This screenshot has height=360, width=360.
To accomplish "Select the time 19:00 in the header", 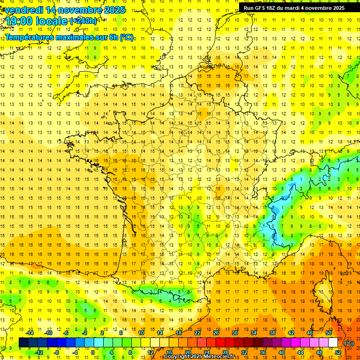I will point(19,21).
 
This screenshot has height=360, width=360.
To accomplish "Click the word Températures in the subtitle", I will point(29,37).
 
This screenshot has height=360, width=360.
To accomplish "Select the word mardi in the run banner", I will point(302,7).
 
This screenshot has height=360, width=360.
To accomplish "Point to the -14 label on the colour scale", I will point(30,333).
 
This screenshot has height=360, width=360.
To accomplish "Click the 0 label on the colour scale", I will point(93,352).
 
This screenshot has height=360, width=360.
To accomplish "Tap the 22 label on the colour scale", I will point(197,333).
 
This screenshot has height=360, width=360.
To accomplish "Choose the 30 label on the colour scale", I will point(235,333).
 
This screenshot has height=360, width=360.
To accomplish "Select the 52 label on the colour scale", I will point(338,352).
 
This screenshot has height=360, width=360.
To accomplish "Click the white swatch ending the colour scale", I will point(333,343).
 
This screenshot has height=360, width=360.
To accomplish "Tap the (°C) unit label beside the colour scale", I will point(349,343).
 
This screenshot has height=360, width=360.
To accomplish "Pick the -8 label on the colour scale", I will point(56,352).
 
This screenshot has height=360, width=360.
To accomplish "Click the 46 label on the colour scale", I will point(310,333).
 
